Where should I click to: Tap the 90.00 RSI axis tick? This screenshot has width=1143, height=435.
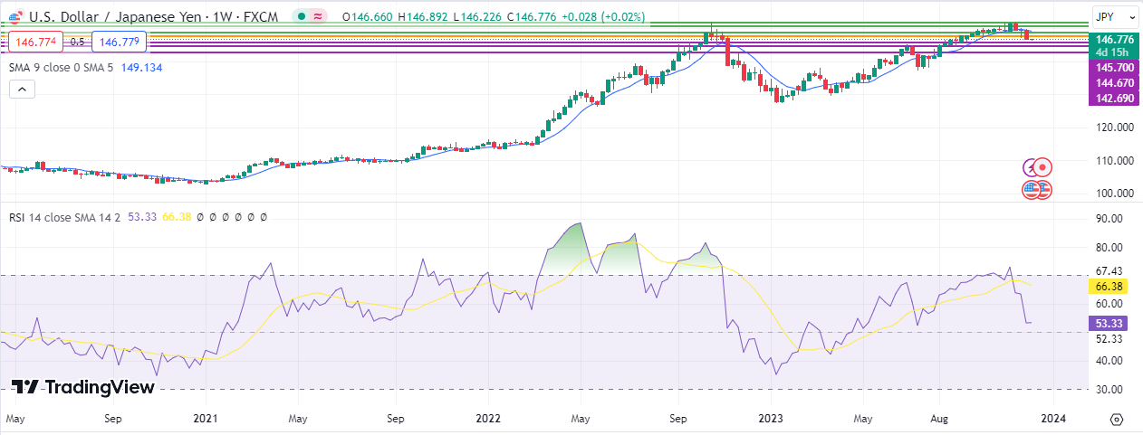tap(1109, 219)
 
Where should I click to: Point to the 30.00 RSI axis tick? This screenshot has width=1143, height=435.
tap(1109, 390)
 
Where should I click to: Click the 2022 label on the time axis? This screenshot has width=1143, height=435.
tap(488, 420)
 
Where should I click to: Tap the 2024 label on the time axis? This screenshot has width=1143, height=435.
tap(1052, 420)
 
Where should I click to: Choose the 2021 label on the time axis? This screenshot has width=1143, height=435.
tap(206, 420)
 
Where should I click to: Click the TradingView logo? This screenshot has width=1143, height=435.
tap(83, 387)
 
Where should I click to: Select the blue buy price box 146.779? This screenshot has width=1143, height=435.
tap(120, 41)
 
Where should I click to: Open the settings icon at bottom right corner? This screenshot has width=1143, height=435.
tap(1116, 420)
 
